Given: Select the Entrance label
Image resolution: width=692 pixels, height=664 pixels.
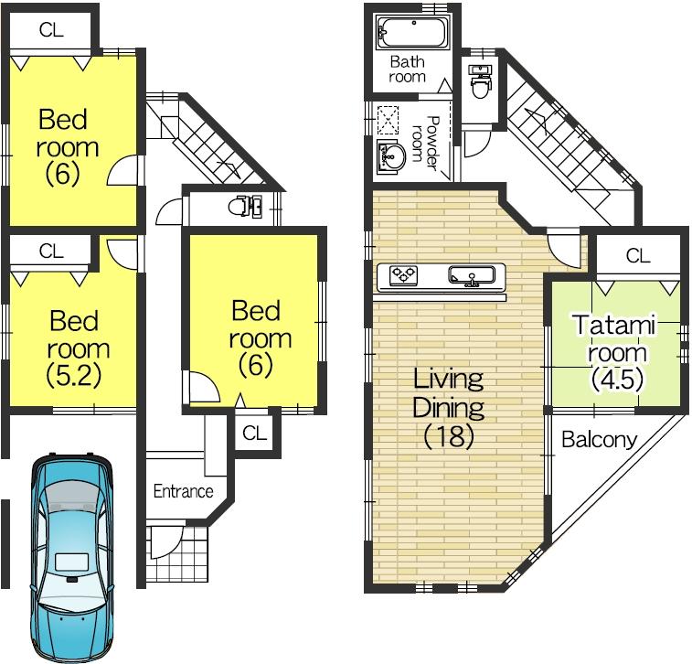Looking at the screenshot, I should pyautogui.click(x=183, y=491).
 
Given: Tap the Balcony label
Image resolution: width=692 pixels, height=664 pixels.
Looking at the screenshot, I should pyautogui.click(x=598, y=440).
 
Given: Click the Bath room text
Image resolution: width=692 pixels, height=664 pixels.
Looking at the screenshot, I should pyautogui.click(x=407, y=70).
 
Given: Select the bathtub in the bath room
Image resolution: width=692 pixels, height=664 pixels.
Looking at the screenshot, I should pyautogui.click(x=411, y=34).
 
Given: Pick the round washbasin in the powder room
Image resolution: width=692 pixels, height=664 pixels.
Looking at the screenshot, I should pyautogui.click(x=391, y=156).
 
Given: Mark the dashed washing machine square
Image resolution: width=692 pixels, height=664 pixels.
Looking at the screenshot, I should pyautogui.click(x=390, y=120).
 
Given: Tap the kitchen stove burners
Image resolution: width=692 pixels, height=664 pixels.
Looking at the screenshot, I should pyautogui.click(x=403, y=274).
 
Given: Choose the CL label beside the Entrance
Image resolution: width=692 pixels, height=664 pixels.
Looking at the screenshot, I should pyautogui.click(x=255, y=434).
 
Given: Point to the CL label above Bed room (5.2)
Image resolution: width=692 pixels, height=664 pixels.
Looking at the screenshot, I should pyautogui.click(x=51, y=250).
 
